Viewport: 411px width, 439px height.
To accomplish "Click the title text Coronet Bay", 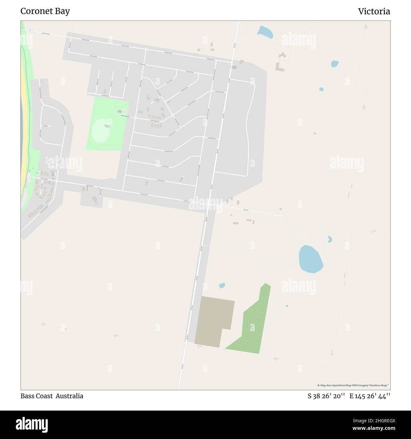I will click(45, 11).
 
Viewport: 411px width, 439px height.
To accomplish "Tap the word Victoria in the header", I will click(374, 11).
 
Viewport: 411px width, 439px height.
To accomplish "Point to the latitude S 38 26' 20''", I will click(326, 396).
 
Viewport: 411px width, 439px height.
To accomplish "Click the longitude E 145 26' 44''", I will click(370, 396).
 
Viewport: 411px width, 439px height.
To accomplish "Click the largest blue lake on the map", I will click(310, 259).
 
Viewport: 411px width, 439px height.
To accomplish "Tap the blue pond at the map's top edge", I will click(265, 32).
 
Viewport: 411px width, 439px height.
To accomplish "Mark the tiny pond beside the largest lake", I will click(329, 239).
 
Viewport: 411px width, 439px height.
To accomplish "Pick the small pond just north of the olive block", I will click(222, 286).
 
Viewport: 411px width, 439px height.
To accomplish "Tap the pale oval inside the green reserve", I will click(101, 134).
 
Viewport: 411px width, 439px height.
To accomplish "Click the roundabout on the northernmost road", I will click(146, 49).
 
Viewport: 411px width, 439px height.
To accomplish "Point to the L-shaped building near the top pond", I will click(279, 67).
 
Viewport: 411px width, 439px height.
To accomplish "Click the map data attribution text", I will click(353, 385).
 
